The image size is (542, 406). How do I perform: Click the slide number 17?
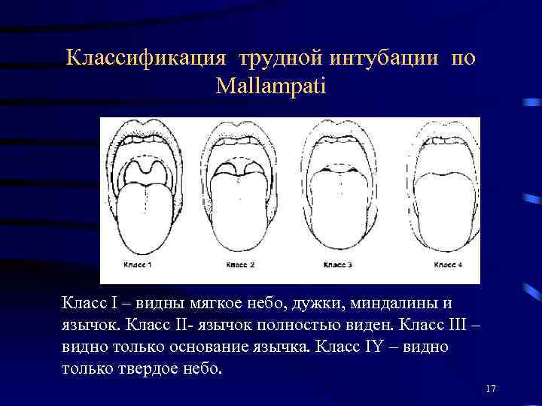(492, 388)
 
